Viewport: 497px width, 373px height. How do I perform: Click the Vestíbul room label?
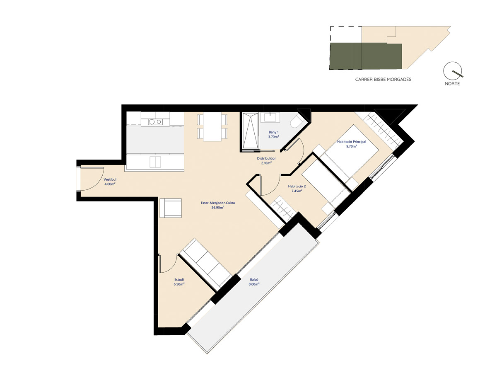pos(110,179)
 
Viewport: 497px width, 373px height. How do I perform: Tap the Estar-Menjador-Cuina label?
pos(217,203)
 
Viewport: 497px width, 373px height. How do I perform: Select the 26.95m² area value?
pos(218,207)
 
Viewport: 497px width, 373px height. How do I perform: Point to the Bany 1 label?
pos(273,132)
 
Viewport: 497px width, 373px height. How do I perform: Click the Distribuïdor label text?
pos(266,159)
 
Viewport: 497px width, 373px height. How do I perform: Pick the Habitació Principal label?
pos(352,142)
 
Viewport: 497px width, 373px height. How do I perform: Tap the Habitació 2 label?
pos(297,186)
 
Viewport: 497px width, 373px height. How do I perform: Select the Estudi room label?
pos(179,279)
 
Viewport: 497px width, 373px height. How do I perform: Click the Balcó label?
pos(254,280)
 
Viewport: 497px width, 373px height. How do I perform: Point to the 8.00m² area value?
pos(254,284)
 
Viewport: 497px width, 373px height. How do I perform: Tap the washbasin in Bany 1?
pos(270,118)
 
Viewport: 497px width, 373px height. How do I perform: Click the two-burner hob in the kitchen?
pos(155,122)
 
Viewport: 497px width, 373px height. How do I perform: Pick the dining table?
pos(212,127)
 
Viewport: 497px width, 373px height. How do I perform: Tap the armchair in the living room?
pos(171,208)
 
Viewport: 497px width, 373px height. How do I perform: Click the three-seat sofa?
pos(205,264)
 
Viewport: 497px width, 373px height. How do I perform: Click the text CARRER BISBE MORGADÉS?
pos(383,80)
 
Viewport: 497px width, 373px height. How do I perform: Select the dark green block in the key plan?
pos(366,56)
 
